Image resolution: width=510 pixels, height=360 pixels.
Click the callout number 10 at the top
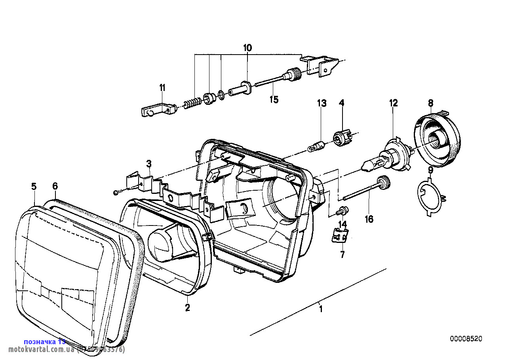(x=247, y=48)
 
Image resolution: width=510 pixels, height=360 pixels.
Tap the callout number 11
(x=163, y=87)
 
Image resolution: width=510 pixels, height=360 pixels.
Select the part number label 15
(x=274, y=99)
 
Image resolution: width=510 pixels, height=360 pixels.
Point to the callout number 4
(x=341, y=103)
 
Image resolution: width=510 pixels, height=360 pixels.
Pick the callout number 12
(x=393, y=103)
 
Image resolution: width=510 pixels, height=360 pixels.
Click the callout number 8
(x=430, y=103)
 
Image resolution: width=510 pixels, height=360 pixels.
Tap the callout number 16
(x=369, y=219)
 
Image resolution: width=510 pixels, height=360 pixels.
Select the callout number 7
(x=343, y=255)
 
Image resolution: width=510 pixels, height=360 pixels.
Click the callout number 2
(x=188, y=307)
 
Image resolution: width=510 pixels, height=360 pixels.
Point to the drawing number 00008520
(x=466, y=339)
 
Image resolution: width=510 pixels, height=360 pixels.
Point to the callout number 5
(x=34, y=186)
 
